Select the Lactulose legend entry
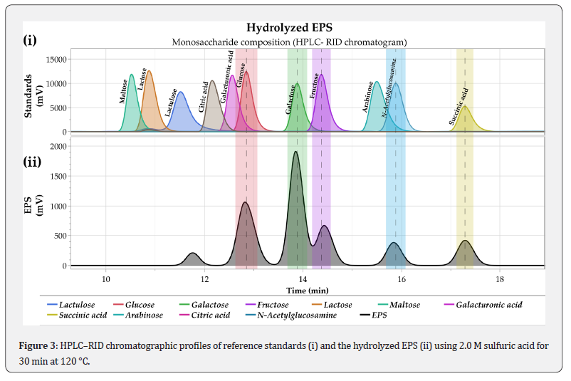tap(78, 305)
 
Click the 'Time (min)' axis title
tap(307, 290)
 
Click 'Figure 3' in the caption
tap(37, 345)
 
